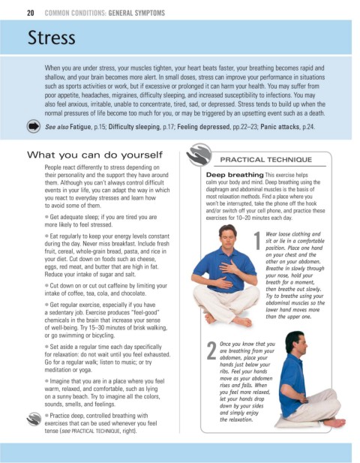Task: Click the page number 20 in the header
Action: pyautogui.click(x=31, y=13)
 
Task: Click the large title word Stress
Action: pyautogui.click(x=51, y=38)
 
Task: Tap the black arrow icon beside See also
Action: pyautogui.click(x=34, y=126)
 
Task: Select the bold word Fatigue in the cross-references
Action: pyautogui.click(x=80, y=127)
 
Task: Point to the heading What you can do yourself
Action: pyautogui.click(x=94, y=155)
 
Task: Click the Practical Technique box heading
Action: pyautogui.click(x=265, y=160)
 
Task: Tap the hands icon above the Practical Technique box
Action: pyautogui.click(x=199, y=154)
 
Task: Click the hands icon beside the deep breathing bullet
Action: pyautogui.click(x=34, y=419)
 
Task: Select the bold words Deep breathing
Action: pyautogui.click(x=235, y=175)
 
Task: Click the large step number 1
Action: pyautogui.click(x=257, y=241)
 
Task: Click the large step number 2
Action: pyautogui.click(x=211, y=350)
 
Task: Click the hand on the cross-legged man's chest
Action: pyautogui.click(x=229, y=266)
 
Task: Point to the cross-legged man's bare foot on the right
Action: pyautogui.click(x=241, y=321)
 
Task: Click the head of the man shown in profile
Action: pyautogui.click(x=296, y=344)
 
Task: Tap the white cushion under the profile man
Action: pyautogui.click(x=297, y=422)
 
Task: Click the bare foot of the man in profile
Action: pyautogui.click(x=334, y=422)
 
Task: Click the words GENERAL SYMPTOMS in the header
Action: pyautogui.click(x=136, y=13)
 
